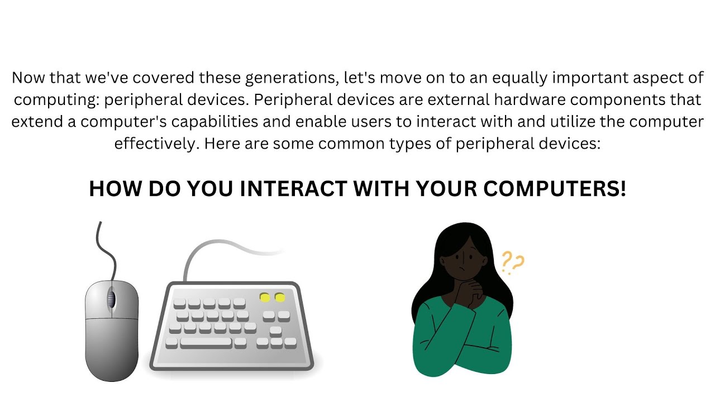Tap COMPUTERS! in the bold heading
pyautogui.click(x=555, y=189)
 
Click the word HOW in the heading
pyautogui.click(x=116, y=189)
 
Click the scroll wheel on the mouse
pyautogui.click(x=111, y=300)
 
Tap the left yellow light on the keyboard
pyautogui.click(x=265, y=298)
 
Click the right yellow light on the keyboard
pyautogui.click(x=280, y=298)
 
